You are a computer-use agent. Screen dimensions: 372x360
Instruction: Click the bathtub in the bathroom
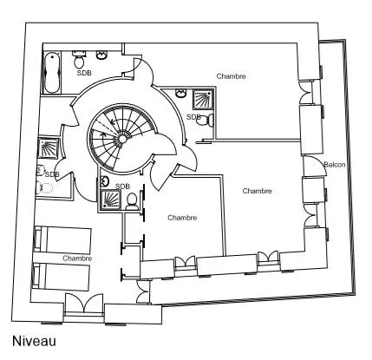tap(53, 72)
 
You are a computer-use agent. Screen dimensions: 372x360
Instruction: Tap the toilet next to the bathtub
tap(79, 59)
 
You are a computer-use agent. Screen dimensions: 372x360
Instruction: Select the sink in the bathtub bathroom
tap(101, 55)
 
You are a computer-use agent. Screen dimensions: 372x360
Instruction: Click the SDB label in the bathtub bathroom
tap(84, 73)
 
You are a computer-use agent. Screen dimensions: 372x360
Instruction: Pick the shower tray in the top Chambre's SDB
tap(203, 99)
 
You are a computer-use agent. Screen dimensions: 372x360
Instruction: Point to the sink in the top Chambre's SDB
tap(181, 94)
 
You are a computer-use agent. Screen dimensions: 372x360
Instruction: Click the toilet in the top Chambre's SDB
tap(206, 120)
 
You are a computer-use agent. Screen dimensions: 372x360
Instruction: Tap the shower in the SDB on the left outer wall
tap(49, 148)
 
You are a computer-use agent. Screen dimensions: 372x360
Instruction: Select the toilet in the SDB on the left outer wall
tap(44, 188)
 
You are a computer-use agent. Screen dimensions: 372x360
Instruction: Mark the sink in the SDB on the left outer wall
tap(41, 170)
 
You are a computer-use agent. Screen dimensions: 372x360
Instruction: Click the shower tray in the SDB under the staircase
tap(110, 200)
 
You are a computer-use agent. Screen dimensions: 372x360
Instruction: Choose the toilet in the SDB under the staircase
tap(132, 201)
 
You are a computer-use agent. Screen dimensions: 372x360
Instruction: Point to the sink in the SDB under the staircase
tap(104, 181)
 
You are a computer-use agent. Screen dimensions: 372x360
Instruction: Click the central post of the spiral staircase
tap(122, 139)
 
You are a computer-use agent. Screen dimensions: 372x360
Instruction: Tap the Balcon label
tap(335, 165)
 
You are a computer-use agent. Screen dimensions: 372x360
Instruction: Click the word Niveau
tap(34, 341)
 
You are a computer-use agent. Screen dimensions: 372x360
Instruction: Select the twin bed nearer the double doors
tap(62, 277)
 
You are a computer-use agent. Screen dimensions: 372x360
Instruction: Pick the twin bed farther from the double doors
tap(62, 241)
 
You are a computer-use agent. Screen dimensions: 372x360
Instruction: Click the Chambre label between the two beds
tap(77, 259)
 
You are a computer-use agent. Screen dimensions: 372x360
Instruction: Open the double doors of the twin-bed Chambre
tap(84, 304)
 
